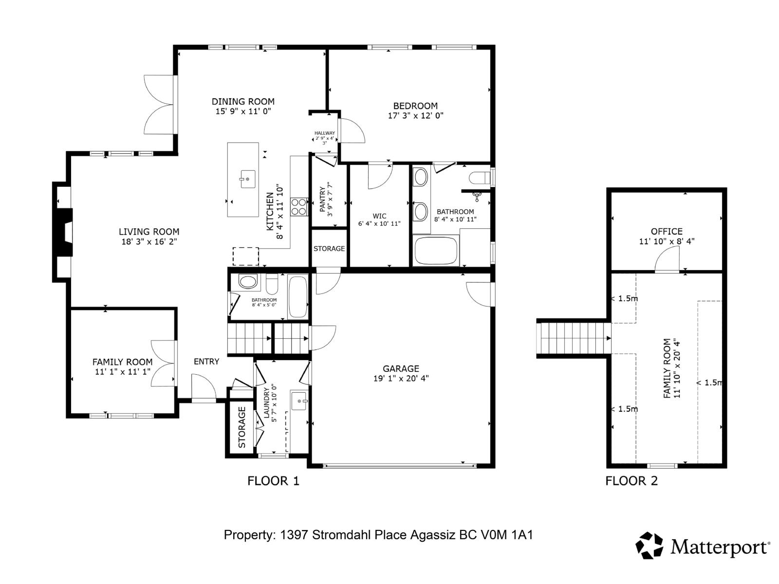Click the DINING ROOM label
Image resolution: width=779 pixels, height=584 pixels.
click(x=243, y=102)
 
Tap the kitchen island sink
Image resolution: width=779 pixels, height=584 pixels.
click(x=247, y=179)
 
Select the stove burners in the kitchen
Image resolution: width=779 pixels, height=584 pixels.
click(x=299, y=206)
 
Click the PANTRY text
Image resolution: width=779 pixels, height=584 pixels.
click(x=322, y=199)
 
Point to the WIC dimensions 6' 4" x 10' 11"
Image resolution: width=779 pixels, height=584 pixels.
click(x=379, y=224)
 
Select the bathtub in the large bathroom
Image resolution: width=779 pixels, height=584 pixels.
click(x=436, y=251)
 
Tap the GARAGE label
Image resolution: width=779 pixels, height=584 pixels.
click(x=401, y=369)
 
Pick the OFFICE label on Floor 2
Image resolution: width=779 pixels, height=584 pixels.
click(x=667, y=232)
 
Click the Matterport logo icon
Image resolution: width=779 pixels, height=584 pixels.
click(x=649, y=545)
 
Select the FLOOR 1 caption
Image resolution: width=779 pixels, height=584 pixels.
click(x=273, y=481)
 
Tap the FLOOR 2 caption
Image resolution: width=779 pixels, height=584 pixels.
click(x=631, y=481)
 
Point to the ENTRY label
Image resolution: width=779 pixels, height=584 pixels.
click(x=206, y=362)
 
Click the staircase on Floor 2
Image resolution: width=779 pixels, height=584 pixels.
click(x=574, y=339)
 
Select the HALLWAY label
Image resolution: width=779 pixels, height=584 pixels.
click(x=325, y=133)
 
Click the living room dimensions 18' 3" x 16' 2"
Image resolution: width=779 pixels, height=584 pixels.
click(x=149, y=241)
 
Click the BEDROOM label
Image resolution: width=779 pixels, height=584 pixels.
click(x=415, y=106)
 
